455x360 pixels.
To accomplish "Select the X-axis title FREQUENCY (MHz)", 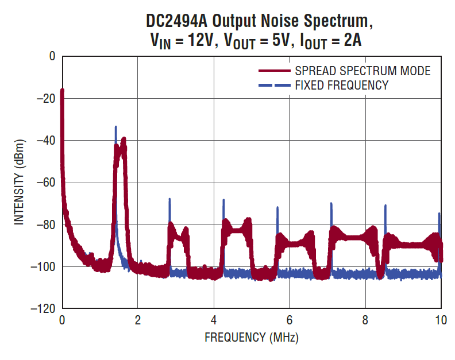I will pos(252,337).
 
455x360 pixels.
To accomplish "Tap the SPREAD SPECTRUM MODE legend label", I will pos(363,71).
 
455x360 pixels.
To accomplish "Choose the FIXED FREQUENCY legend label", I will pos(341,86).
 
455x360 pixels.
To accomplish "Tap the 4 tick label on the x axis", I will pos(214,320).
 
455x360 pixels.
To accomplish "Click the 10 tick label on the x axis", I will pos(441,320).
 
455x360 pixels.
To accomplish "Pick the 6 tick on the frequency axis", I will pos(290,320).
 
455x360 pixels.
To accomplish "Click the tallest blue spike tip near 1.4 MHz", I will pos(115,127).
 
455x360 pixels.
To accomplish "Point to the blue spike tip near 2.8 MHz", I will pos(169,199).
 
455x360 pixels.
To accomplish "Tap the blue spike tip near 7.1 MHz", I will pos(331,203).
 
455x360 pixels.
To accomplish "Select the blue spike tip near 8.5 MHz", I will pos(385,205).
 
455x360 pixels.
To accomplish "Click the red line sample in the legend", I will pos(274,71).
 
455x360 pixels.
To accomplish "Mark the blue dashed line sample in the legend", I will pos(274,86).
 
